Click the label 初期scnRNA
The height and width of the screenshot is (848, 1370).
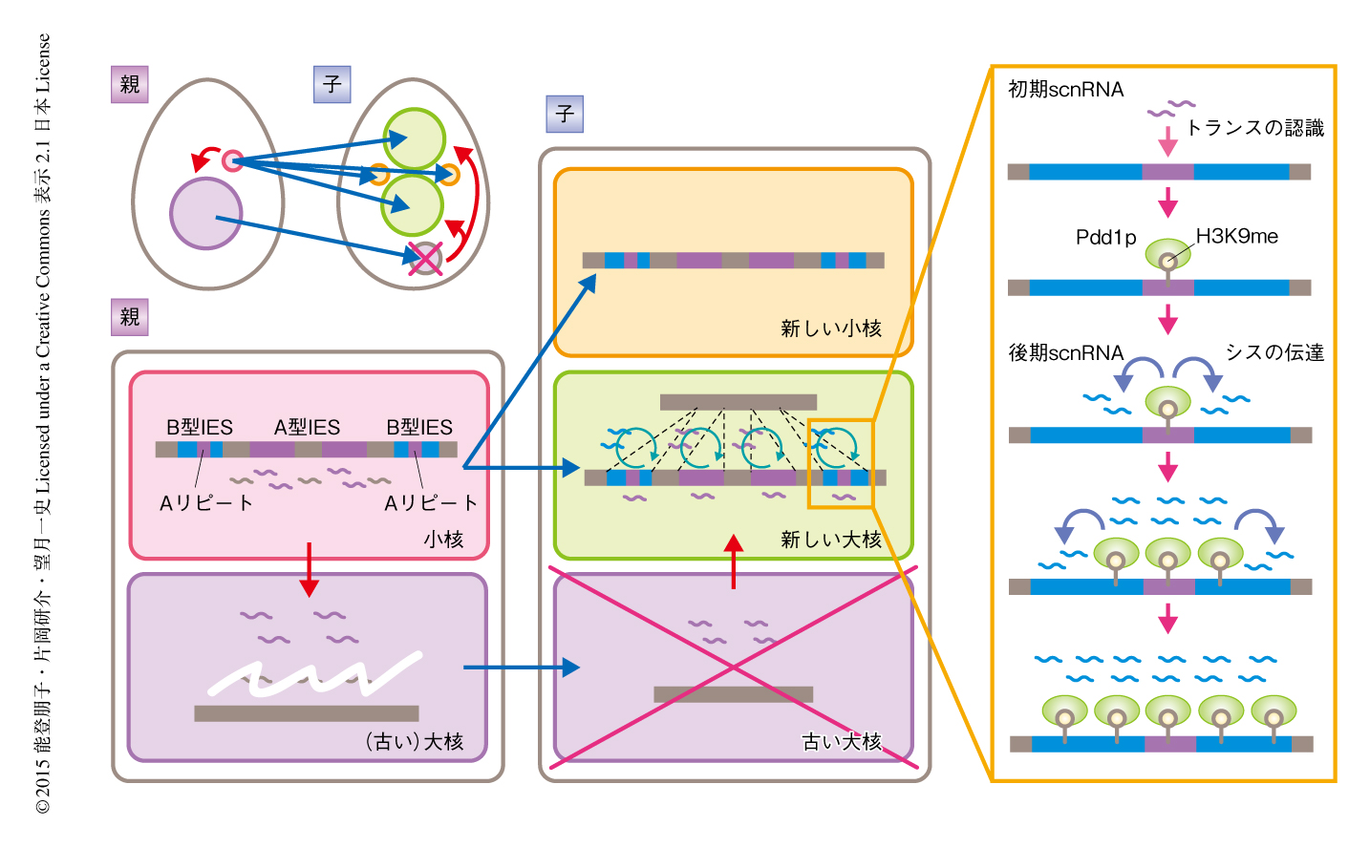pos(1065,90)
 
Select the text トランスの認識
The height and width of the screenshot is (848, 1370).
pos(1254,128)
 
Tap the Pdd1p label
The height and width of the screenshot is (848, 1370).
pos(1105,238)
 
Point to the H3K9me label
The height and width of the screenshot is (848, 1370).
pos(1236,237)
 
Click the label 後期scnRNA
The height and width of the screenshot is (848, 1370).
pos(1065,353)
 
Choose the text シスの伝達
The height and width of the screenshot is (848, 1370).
pos(1274,353)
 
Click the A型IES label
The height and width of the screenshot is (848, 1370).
pos(307,427)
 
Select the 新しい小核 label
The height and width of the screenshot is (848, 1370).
pos(830,329)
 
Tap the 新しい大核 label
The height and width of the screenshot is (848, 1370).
pos(830,540)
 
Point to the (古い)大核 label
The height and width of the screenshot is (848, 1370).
pos(414,742)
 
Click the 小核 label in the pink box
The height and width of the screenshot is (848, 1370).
pos(443,540)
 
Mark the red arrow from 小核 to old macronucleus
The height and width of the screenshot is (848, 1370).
pos(309,569)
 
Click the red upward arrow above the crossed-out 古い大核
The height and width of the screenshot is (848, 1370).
pos(733,562)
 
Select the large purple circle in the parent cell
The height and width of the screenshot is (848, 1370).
pos(205,214)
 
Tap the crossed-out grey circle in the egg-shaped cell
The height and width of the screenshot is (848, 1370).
pos(424,258)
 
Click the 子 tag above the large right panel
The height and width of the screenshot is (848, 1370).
pos(564,115)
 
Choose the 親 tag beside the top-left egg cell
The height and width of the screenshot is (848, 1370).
pos(130,84)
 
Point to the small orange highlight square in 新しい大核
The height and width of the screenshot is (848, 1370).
pos(840,463)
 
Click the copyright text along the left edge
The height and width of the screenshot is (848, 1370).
pos(43,424)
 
